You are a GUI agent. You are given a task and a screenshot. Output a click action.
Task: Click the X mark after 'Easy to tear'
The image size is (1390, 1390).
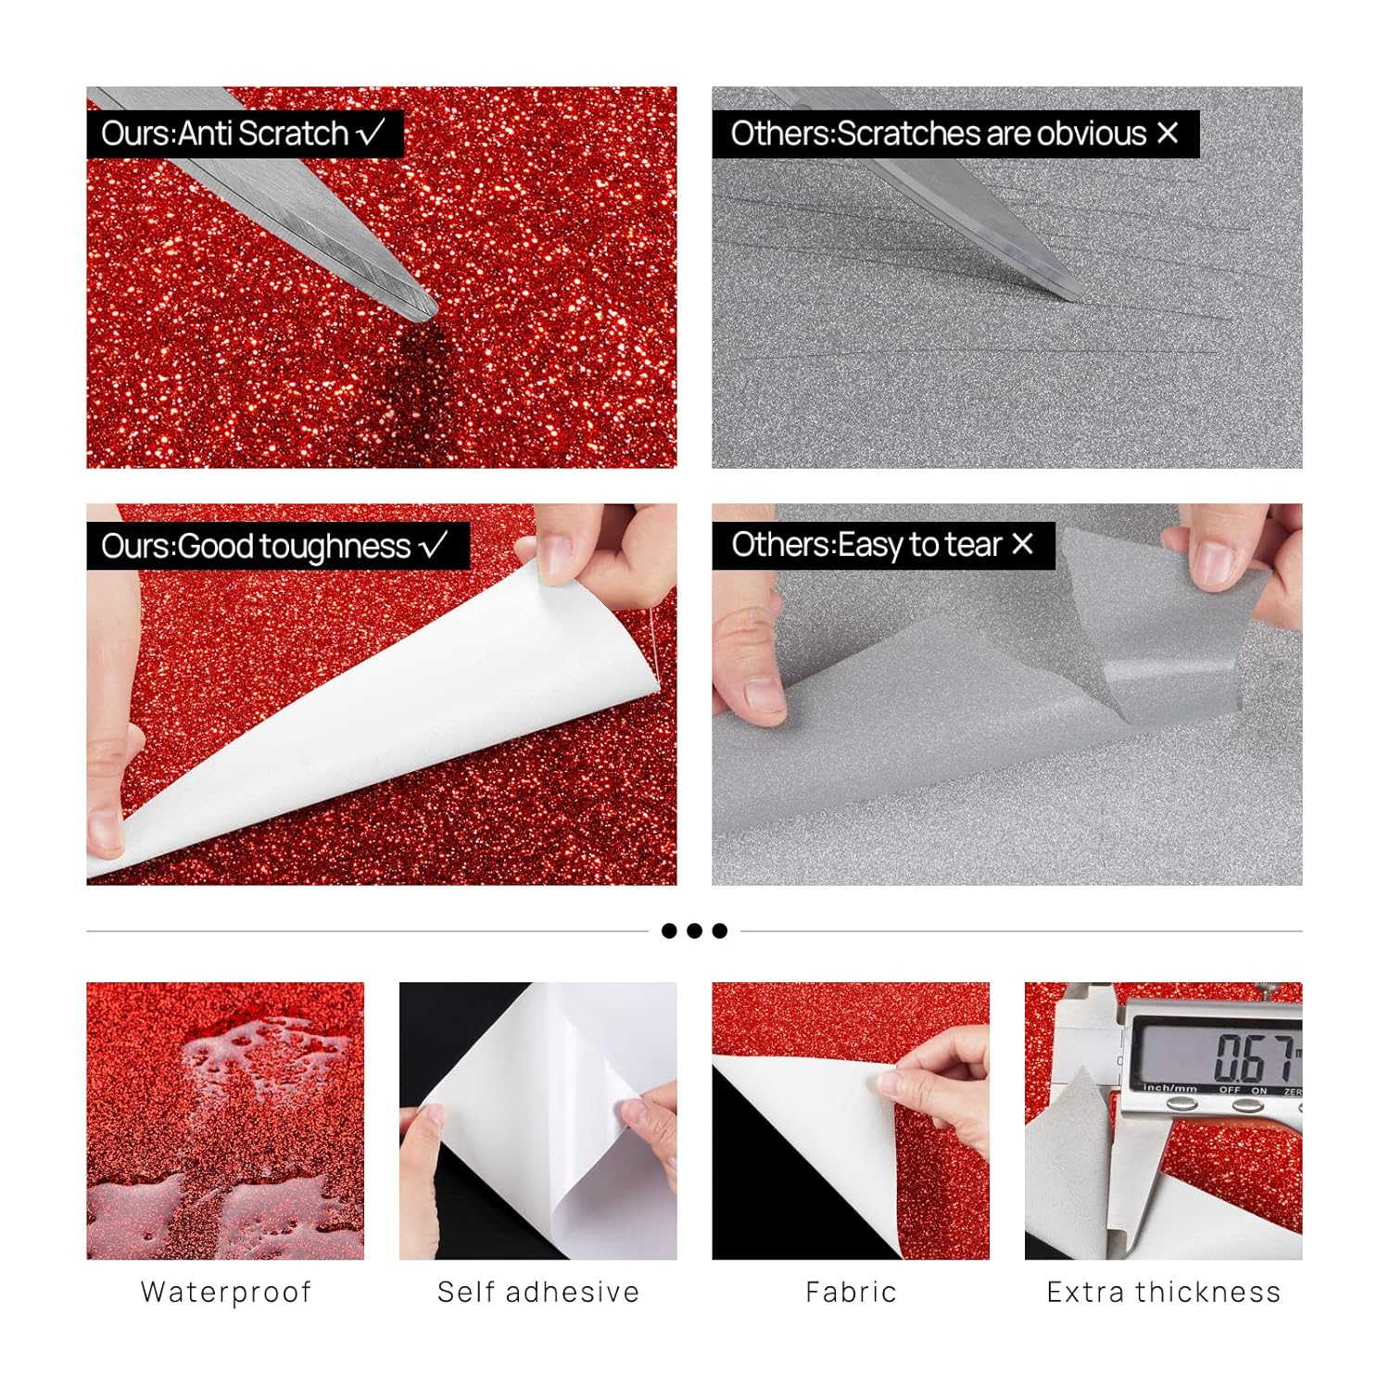click(x=1022, y=544)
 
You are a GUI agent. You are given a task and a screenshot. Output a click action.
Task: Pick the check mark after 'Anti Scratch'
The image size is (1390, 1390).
click(x=370, y=133)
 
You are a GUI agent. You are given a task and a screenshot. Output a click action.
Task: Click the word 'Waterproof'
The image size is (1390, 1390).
click(x=225, y=1292)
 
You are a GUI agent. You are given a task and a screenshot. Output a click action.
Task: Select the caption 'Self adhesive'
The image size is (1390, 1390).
click(x=538, y=1292)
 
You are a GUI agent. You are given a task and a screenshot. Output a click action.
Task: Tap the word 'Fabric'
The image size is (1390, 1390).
click(x=851, y=1292)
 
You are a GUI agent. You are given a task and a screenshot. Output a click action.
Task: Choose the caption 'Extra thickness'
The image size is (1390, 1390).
click(x=1163, y=1292)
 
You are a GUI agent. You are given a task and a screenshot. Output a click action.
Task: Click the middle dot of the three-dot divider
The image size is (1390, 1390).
click(x=694, y=930)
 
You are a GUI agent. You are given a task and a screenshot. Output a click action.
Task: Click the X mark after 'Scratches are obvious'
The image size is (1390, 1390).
click(x=1168, y=133)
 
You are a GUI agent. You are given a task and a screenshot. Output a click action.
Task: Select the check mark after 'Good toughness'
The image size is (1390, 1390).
click(x=433, y=545)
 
